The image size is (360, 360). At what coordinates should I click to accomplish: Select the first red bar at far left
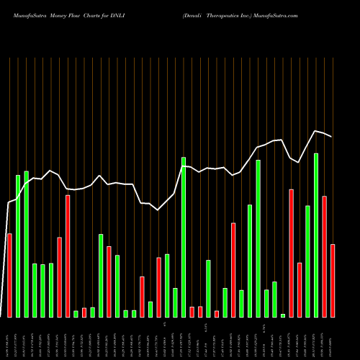(9, 275)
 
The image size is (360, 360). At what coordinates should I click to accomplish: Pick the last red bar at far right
(333, 281)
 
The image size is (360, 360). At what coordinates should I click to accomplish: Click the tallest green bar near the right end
(316, 235)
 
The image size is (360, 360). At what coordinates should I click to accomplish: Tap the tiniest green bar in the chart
(283, 315)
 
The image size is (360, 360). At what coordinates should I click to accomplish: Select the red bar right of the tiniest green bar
(291, 253)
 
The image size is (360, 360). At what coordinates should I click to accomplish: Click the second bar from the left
(18, 246)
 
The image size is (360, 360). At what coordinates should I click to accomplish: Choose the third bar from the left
(27, 243)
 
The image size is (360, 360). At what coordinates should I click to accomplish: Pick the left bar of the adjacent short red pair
(192, 312)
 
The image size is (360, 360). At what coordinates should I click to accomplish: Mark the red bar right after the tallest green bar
(325, 256)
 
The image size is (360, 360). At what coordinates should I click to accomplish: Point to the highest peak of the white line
(315, 130)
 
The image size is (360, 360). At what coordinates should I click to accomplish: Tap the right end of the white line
(332, 137)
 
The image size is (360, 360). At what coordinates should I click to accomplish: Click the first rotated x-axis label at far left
(9, 338)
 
